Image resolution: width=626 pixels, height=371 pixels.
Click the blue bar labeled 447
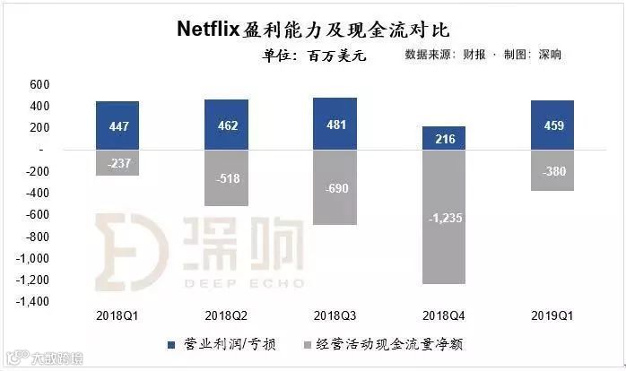117,125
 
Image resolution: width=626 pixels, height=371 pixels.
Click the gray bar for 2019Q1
552,170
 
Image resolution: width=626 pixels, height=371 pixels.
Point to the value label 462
227,125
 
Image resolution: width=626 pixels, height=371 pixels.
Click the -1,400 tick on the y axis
33,302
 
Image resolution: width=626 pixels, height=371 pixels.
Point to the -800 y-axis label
37,237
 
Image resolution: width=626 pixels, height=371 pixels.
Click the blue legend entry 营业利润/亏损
214,343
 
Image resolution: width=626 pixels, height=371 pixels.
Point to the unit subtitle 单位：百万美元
314,55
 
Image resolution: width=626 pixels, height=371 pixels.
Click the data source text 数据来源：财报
448,55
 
